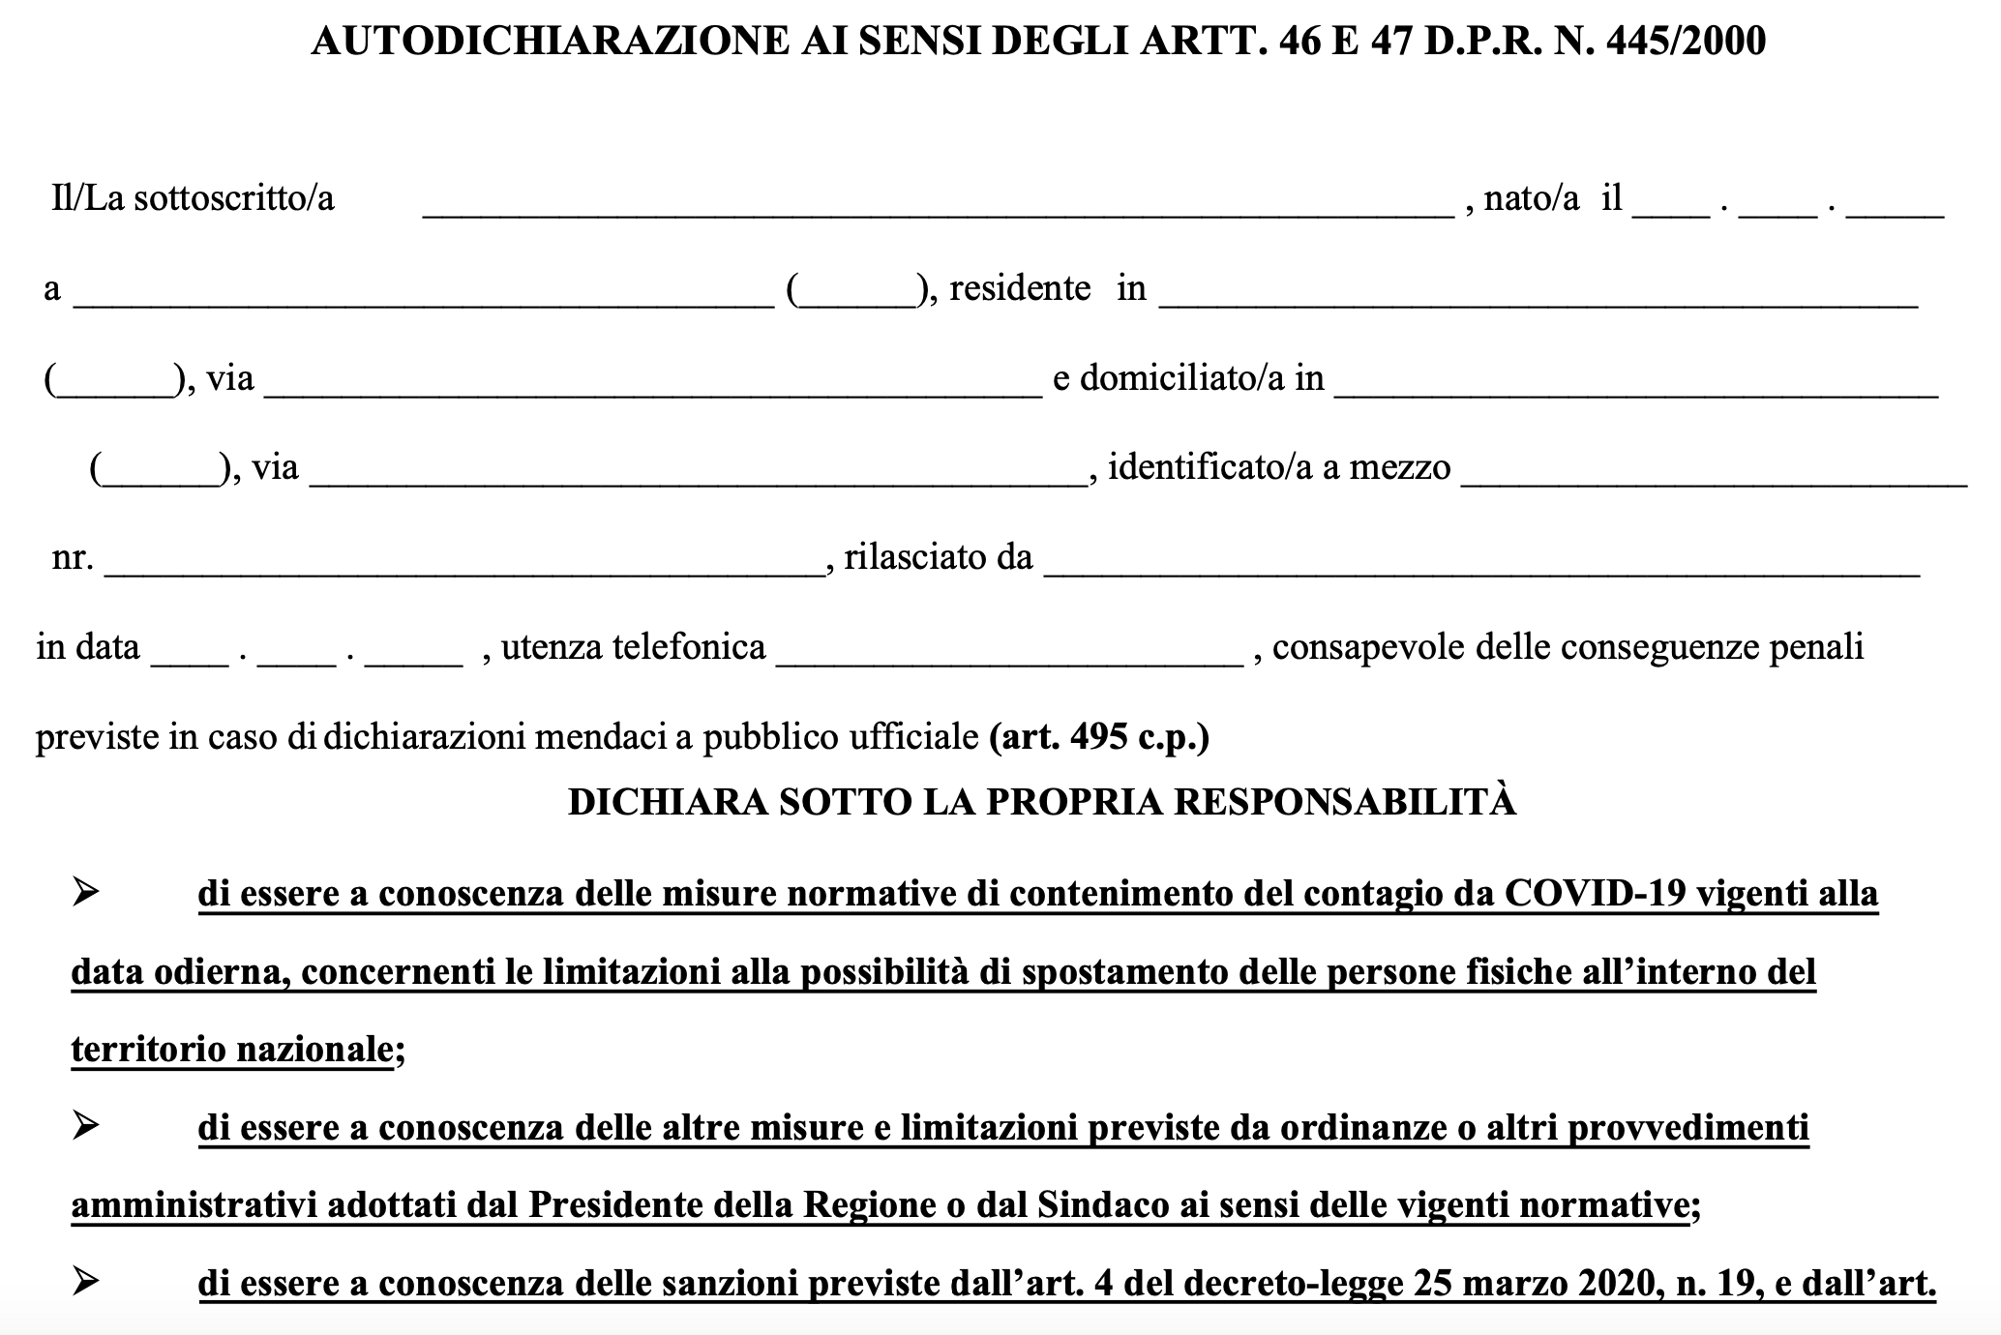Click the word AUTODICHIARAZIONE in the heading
(x=549, y=42)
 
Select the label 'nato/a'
(x=1531, y=198)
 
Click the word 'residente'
(x=1020, y=288)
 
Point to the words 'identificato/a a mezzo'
(x=1279, y=468)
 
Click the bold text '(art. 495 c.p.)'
(x=1099, y=737)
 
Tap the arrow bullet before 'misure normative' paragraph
(x=86, y=892)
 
